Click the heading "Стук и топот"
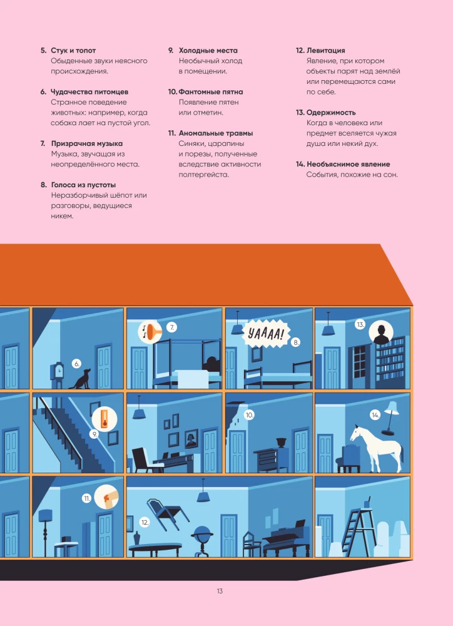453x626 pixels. tap(73, 51)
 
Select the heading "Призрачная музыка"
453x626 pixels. tap(87, 144)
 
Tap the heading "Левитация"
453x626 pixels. tap(326, 51)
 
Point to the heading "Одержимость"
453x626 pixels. tap(331, 113)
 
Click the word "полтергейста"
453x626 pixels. tap(204, 175)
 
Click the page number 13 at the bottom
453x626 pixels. tap(220, 592)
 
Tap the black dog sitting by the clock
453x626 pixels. tap(80, 379)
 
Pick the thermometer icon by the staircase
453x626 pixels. tap(104, 419)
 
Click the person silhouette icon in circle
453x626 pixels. tap(381, 333)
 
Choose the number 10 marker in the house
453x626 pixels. tap(250, 415)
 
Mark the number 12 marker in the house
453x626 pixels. tap(145, 522)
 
